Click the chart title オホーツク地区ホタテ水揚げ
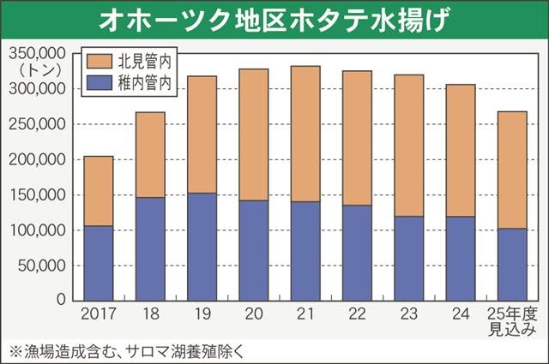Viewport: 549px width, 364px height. [x=274, y=19]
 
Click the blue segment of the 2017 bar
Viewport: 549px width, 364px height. [x=99, y=263]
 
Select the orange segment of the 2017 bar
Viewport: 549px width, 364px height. [x=99, y=191]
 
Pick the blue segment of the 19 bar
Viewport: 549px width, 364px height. [x=202, y=247]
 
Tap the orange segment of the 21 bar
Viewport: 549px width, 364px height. [x=305, y=134]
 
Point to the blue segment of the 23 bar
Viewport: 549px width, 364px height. [x=408, y=258]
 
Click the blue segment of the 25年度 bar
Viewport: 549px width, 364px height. [x=512, y=264]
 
